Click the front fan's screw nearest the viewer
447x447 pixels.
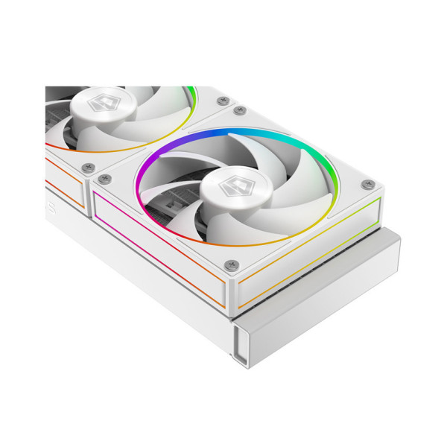(x=232, y=264)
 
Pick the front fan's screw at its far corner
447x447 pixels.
(x=240, y=111)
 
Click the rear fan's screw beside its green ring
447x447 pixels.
(x=221, y=100)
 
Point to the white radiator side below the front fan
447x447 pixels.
(x=149, y=298)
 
